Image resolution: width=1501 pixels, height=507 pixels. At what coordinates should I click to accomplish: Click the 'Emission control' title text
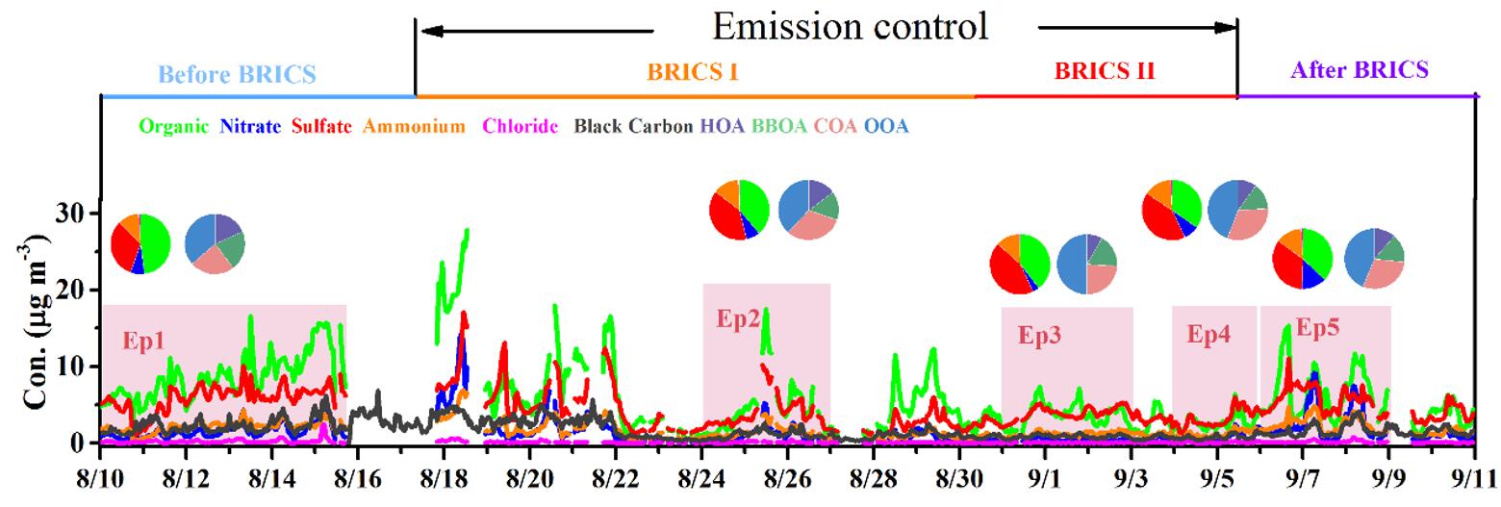click(x=850, y=26)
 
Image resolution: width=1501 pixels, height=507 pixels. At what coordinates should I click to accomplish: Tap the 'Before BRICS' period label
click(x=237, y=74)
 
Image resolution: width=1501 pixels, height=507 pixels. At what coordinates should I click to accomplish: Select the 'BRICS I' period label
click(x=693, y=71)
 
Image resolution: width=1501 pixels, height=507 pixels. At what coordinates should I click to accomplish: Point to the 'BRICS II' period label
click(x=1105, y=71)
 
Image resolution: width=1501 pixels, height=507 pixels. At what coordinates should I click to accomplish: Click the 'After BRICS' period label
click(x=1359, y=70)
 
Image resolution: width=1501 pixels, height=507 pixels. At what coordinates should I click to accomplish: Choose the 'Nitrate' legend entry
click(x=250, y=126)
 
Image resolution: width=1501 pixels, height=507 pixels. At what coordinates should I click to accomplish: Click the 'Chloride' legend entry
click(x=521, y=126)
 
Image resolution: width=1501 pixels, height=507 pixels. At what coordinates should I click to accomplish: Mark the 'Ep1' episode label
click(x=143, y=341)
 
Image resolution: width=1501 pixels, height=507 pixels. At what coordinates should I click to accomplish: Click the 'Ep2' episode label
click(x=738, y=319)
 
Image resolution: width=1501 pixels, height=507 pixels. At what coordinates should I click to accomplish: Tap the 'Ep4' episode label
click(x=1208, y=335)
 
